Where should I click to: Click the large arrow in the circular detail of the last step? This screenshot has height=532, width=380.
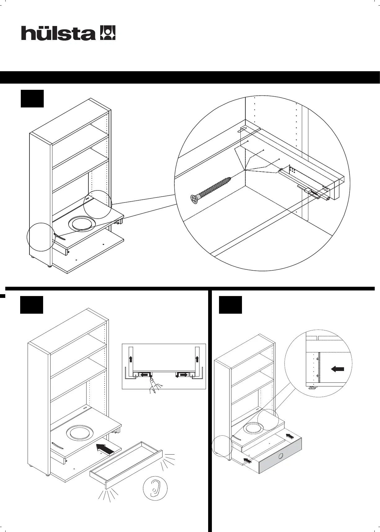pyautogui.click(x=338, y=369)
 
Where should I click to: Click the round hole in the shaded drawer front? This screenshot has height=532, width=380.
pyautogui.click(x=281, y=456)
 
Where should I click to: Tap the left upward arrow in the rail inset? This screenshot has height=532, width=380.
pyautogui.click(x=131, y=359)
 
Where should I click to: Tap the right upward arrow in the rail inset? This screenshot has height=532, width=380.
pyautogui.click(x=197, y=359)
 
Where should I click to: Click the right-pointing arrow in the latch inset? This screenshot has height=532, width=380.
pyautogui.click(x=182, y=375)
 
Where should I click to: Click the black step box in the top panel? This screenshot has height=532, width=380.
pyautogui.click(x=32, y=99)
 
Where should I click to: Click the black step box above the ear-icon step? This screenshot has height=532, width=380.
pyautogui.click(x=32, y=305)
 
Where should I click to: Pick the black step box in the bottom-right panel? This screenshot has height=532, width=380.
pyautogui.click(x=230, y=305)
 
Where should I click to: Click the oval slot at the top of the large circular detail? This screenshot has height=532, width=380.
pyautogui.click(x=243, y=129)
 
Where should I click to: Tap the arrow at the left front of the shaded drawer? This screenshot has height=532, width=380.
pyautogui.click(x=247, y=461)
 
